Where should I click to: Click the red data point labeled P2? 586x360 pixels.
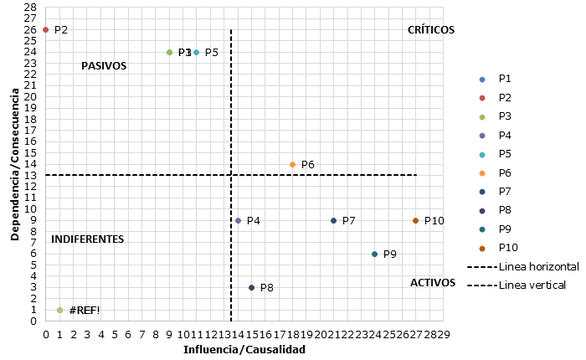(46, 30)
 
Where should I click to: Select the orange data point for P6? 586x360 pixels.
(292, 165)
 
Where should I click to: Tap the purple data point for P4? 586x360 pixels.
(239, 221)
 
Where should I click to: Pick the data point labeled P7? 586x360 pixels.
(334, 221)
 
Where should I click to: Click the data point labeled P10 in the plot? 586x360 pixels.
(416, 221)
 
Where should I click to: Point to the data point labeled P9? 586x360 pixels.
(374, 255)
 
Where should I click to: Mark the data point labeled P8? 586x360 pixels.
(252, 288)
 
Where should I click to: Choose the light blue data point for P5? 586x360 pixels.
(197, 52)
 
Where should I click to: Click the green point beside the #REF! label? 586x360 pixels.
(59, 311)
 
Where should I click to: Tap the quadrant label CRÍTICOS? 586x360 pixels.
(430, 29)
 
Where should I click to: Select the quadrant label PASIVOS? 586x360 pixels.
(104, 66)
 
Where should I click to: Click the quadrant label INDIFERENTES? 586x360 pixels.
(87, 239)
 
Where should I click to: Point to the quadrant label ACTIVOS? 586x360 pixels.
(433, 283)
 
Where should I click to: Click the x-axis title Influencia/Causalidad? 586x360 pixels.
(244, 350)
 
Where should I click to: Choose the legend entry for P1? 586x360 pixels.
(504, 79)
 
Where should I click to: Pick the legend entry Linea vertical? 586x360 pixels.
(532, 285)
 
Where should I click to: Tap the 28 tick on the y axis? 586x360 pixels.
(31, 8)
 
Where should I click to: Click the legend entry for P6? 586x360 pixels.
(504, 172)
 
